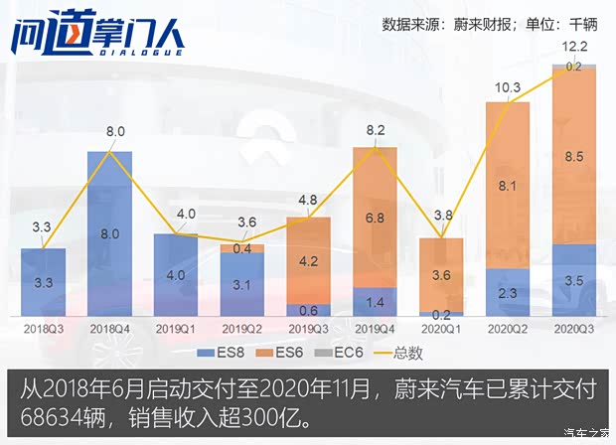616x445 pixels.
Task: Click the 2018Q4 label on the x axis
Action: pos(109,326)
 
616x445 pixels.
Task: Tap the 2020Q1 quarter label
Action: pos(441,326)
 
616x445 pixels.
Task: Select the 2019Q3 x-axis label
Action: pos(308,326)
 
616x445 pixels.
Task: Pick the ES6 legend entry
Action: pos(286,351)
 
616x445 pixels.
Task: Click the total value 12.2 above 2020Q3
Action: pos(574,47)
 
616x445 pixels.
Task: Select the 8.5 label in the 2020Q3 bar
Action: pos(574,156)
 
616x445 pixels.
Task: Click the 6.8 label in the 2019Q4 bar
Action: pos(375,218)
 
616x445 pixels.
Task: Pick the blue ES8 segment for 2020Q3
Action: pos(574,280)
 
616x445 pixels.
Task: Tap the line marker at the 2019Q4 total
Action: pos(375,147)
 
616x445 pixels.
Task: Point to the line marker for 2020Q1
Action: pos(441,236)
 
